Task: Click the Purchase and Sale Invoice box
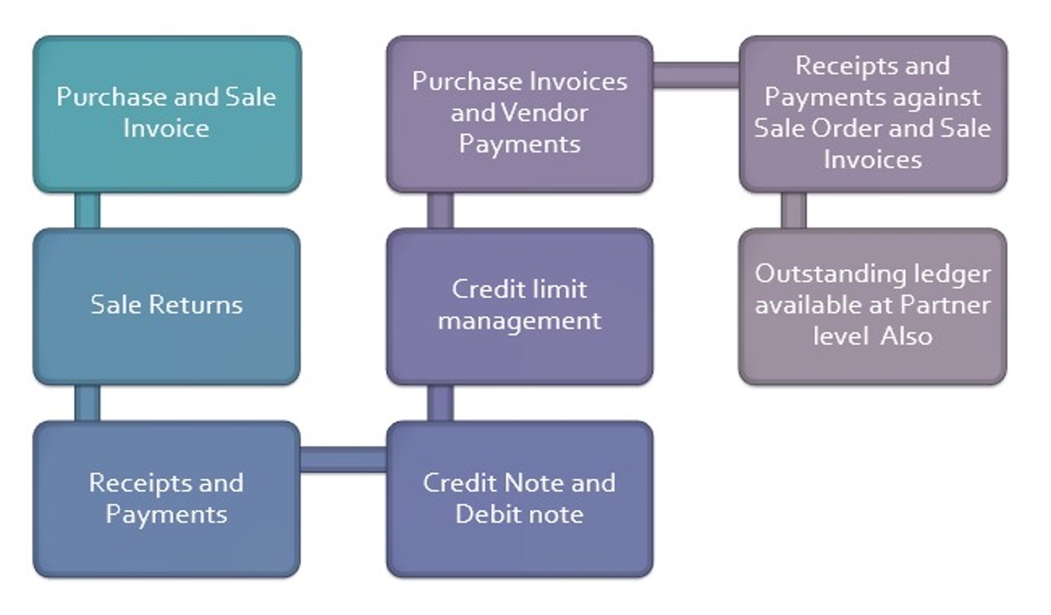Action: (x=167, y=113)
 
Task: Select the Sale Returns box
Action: (x=167, y=305)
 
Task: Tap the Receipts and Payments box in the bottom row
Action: (x=167, y=498)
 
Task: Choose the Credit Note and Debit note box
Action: (x=519, y=498)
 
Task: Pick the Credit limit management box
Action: (x=519, y=305)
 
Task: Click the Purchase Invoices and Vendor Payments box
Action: (x=519, y=113)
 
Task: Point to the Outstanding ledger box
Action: (x=873, y=305)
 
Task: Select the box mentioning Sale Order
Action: (x=873, y=113)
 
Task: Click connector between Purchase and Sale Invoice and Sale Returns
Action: (x=87, y=210)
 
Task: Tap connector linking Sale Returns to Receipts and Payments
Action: (x=87, y=402)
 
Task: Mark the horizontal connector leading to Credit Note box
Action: (x=343, y=459)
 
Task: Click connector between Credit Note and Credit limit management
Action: (x=440, y=402)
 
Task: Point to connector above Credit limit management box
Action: (x=440, y=210)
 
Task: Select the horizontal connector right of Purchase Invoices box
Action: (x=696, y=75)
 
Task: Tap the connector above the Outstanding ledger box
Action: (x=793, y=210)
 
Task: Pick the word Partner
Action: (x=945, y=305)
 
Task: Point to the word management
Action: (x=519, y=321)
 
